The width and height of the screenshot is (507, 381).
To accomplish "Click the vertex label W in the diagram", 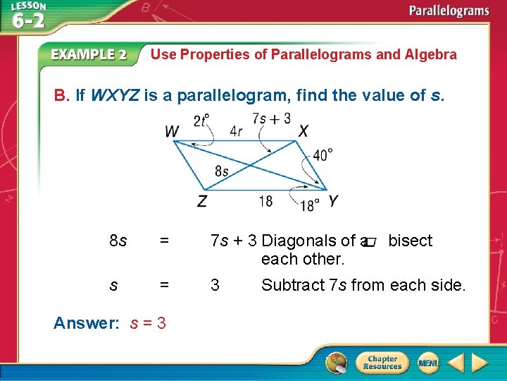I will click(x=173, y=132).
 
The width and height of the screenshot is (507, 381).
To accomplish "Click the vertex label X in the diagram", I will click(x=303, y=131).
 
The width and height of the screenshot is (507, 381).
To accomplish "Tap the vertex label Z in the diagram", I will click(x=202, y=202).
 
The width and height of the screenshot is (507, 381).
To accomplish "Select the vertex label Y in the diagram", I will click(x=332, y=201).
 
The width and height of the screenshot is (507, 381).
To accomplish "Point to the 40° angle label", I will click(x=323, y=155).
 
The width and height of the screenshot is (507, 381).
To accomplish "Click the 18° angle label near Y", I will click(x=310, y=205).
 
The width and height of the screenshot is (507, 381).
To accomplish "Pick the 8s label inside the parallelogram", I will click(x=222, y=171).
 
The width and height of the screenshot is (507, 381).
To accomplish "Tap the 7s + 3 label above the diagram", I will click(x=271, y=119).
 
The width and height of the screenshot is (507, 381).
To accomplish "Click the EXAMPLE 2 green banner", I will click(x=89, y=54).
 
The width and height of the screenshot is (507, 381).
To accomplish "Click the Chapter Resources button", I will click(x=382, y=363).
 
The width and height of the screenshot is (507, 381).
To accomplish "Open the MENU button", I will click(x=428, y=363).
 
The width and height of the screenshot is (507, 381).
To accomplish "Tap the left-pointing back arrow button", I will click(x=456, y=363).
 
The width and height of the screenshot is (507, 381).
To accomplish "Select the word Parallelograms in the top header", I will click(x=449, y=11).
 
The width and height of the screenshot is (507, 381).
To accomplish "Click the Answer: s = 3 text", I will click(x=110, y=323).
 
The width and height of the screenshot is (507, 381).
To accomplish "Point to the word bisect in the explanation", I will click(x=411, y=241).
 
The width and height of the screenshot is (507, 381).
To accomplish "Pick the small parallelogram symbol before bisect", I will click(x=371, y=242).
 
